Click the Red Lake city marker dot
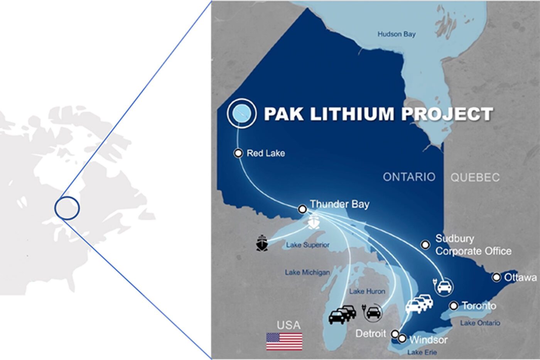coord(238,153)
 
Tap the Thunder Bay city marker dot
coord(302,209)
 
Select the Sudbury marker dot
coord(425,245)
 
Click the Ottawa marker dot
coord(496,277)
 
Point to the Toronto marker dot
coord(454,306)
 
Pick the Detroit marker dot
coord(395,333)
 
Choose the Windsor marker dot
coord(402,339)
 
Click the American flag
coord(284,341)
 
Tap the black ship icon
coord(262,243)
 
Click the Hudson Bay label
coord(396,34)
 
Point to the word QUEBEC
coord(475,177)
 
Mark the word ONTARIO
coord(409,177)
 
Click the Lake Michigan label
coord(307,272)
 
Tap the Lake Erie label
coord(422,352)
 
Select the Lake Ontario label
coord(480,323)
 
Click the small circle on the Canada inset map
coord(67,208)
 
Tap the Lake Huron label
coord(367,291)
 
